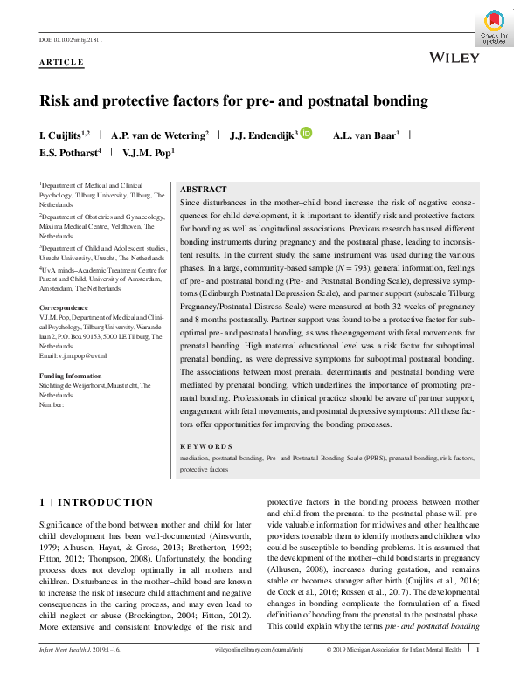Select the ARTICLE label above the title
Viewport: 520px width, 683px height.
coord(62,62)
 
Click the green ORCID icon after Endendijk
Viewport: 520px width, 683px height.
coord(306,134)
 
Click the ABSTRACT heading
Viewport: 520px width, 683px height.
coord(203,190)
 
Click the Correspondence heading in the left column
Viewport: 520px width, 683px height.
coord(64,308)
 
